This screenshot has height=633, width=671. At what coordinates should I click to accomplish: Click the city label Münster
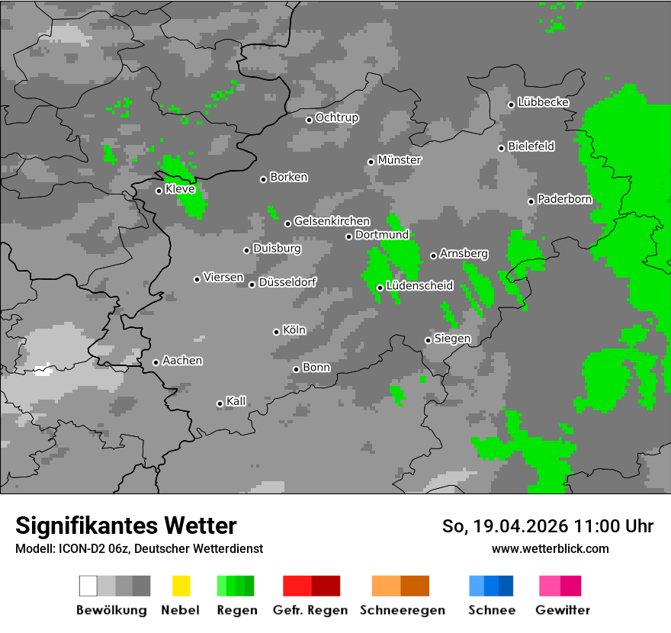click(400, 160)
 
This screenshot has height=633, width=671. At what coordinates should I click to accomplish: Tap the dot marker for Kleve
click(159, 191)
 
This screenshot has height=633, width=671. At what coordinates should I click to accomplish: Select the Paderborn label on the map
click(564, 200)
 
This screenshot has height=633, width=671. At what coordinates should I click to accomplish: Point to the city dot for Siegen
click(428, 340)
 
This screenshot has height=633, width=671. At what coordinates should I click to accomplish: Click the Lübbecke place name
click(543, 102)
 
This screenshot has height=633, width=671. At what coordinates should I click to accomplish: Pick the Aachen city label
click(182, 361)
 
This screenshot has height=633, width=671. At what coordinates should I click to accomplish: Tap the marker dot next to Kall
click(220, 403)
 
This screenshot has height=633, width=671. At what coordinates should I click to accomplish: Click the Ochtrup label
click(337, 118)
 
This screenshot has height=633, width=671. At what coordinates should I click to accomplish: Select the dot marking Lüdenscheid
click(380, 288)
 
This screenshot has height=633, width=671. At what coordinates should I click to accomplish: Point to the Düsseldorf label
click(287, 282)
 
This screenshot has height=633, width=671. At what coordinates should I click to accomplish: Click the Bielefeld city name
click(531, 146)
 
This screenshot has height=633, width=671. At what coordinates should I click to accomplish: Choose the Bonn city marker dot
click(296, 369)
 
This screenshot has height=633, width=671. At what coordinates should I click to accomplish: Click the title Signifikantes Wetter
click(126, 525)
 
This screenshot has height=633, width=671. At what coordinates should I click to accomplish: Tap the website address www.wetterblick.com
click(550, 548)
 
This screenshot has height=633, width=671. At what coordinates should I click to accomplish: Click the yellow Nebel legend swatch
click(181, 586)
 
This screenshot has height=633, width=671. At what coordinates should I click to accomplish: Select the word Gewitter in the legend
click(563, 610)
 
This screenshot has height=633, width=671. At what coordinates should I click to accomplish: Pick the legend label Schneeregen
click(402, 610)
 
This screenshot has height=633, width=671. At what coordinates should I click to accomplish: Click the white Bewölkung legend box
click(88, 586)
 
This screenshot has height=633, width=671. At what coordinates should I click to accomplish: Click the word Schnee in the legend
click(492, 610)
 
